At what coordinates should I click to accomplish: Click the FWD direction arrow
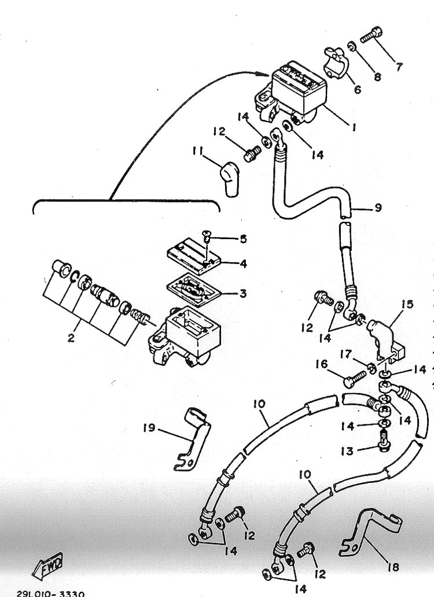point(47,563)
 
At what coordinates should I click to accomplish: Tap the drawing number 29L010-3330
point(50,593)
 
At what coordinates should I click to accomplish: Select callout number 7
point(398,67)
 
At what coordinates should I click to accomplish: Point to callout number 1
point(354,127)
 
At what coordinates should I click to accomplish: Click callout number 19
point(149,428)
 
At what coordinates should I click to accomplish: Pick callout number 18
point(393,567)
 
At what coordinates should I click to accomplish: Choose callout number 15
point(407,305)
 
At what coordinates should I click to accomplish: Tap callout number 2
point(71,338)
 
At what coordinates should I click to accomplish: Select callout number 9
point(378,208)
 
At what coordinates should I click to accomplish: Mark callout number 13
point(347,451)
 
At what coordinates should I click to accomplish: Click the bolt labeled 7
point(370,39)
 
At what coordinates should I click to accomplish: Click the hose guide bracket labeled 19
point(193,438)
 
